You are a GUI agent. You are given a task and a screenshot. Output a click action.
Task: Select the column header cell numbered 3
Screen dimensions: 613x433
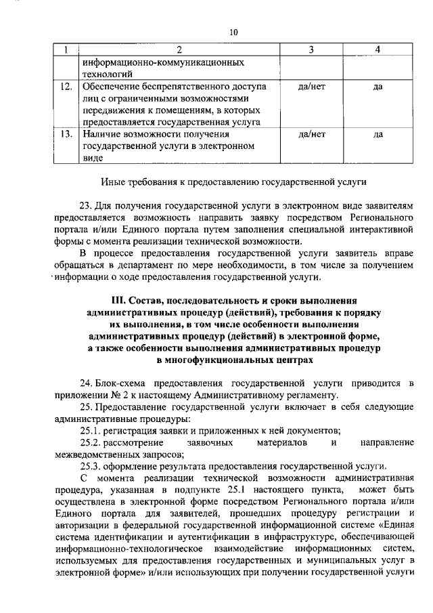(x=311, y=49)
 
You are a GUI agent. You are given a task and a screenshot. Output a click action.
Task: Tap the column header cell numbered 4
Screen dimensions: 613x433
(x=378, y=49)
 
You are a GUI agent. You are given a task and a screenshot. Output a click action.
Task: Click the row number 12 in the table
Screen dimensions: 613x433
(x=66, y=87)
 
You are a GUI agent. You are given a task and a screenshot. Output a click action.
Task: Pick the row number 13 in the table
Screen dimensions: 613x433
(x=66, y=135)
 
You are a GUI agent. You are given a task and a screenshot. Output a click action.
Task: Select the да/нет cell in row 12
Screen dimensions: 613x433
(x=311, y=87)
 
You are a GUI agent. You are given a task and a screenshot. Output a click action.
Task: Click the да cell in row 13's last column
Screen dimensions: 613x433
(x=378, y=135)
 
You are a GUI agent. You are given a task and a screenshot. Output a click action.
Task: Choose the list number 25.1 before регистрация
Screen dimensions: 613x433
(x=91, y=431)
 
